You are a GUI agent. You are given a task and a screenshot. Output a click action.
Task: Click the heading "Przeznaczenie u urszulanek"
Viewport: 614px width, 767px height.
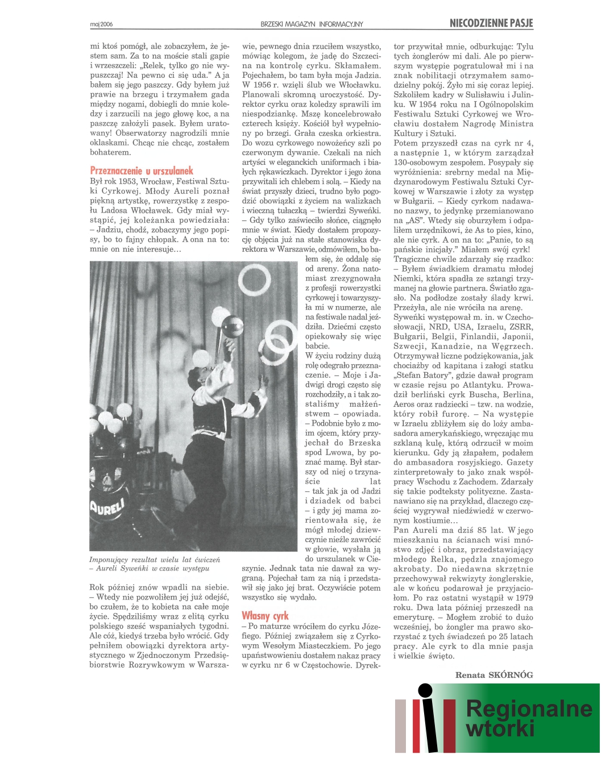point(142,170)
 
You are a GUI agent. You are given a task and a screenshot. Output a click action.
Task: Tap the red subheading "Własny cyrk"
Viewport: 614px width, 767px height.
point(265,615)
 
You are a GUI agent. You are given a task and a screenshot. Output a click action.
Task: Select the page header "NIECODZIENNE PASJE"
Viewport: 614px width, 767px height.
point(491,23)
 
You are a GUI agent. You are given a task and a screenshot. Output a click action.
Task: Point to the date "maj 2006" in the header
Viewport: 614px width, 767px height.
point(101,24)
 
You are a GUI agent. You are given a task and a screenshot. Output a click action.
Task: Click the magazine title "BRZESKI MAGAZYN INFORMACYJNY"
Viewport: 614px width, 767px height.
point(312,24)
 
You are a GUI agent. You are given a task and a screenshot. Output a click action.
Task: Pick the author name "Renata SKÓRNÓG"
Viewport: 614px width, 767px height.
point(494,675)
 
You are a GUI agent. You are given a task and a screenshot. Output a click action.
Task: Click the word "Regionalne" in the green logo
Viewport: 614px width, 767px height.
point(529,708)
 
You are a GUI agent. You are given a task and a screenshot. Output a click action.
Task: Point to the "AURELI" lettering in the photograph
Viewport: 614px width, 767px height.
point(106,506)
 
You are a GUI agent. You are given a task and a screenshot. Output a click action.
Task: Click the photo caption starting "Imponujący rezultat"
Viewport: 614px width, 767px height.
point(154,564)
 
